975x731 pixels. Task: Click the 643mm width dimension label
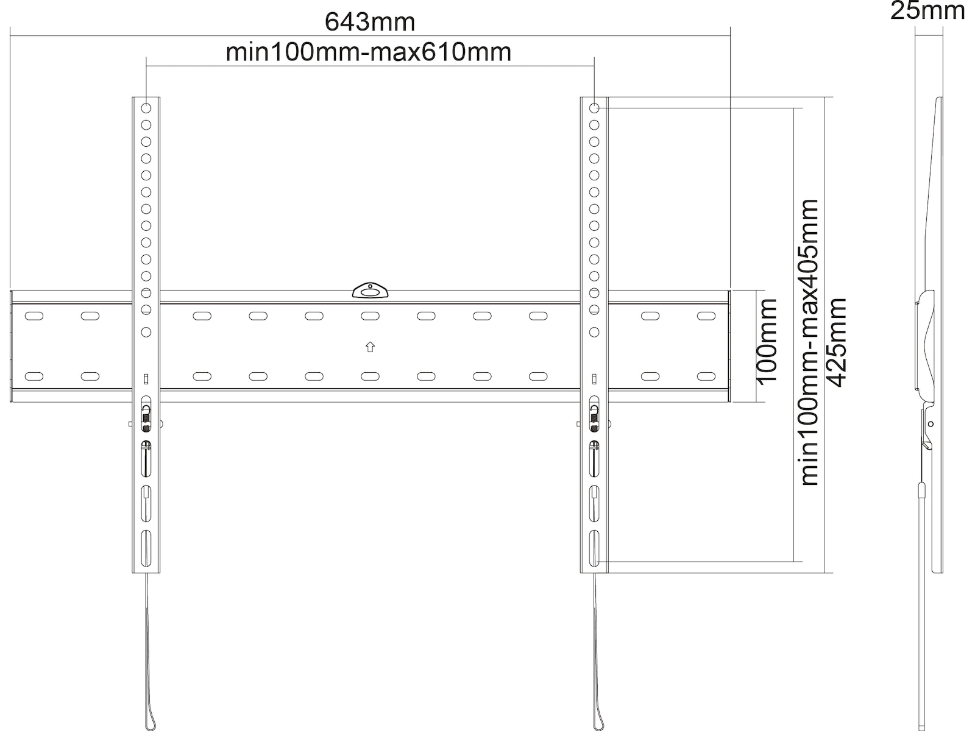point(370,22)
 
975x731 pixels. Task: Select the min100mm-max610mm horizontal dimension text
point(369,52)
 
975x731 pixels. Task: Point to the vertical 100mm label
point(767,342)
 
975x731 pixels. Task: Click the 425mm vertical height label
point(835,342)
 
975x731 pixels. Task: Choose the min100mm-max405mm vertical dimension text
point(809,342)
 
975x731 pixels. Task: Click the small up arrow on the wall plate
point(370,347)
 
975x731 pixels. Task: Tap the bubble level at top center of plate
point(370,291)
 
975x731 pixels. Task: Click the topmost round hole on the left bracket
point(146,108)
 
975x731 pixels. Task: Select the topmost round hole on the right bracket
point(594,108)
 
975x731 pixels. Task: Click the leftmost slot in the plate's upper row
point(34,316)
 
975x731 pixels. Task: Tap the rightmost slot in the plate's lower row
point(706,376)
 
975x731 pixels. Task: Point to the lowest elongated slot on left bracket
point(146,549)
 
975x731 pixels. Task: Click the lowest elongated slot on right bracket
point(594,549)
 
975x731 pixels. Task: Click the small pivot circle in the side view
point(931,424)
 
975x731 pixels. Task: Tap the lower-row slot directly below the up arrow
point(370,376)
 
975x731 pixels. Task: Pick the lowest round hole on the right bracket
point(594,332)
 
